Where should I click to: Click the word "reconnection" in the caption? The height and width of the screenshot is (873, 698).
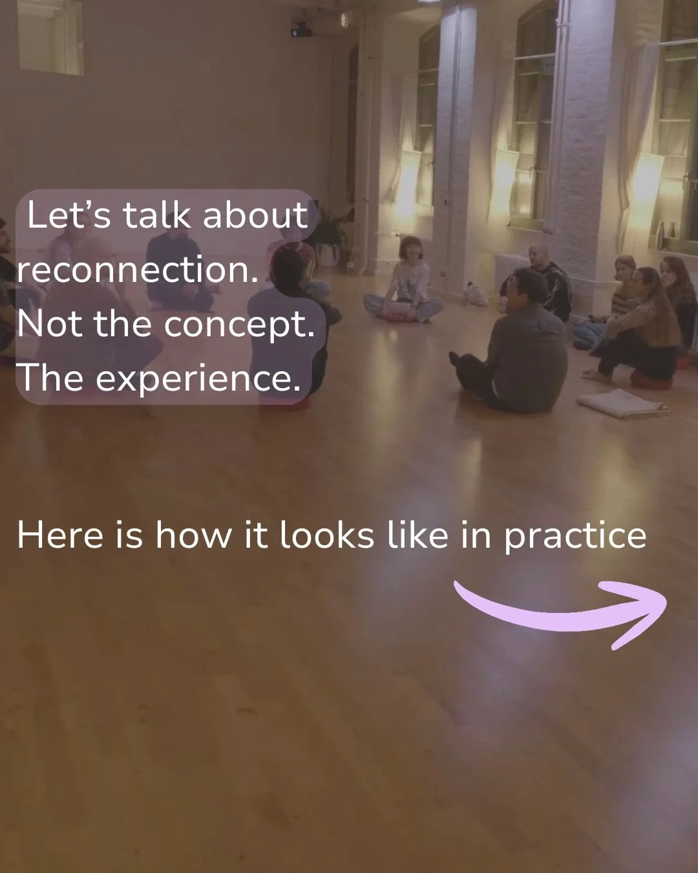(132, 270)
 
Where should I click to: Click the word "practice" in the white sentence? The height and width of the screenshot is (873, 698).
(575, 536)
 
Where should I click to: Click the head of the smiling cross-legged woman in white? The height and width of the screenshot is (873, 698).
(411, 249)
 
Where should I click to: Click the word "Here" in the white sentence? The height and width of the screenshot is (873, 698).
(59, 536)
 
